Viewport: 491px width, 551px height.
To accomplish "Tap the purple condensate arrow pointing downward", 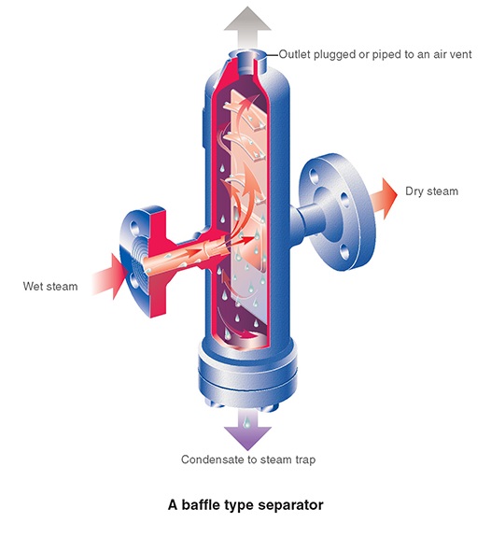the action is [247, 429].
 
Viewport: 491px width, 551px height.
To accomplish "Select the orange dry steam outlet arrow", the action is [385, 198].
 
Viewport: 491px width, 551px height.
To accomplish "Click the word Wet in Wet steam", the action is [33, 286].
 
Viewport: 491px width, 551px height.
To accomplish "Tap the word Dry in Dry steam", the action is [414, 191].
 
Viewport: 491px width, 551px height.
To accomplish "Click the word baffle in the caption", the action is [201, 504].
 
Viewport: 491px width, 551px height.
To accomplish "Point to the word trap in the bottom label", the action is [303, 459].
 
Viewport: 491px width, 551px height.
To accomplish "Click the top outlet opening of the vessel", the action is [246, 55].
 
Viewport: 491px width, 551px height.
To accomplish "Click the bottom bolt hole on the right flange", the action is [345, 252].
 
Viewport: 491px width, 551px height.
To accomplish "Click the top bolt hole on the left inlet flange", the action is [133, 226].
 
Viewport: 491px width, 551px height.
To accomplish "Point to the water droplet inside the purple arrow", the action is [247, 422].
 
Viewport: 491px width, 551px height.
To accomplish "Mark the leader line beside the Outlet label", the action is [272, 55].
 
